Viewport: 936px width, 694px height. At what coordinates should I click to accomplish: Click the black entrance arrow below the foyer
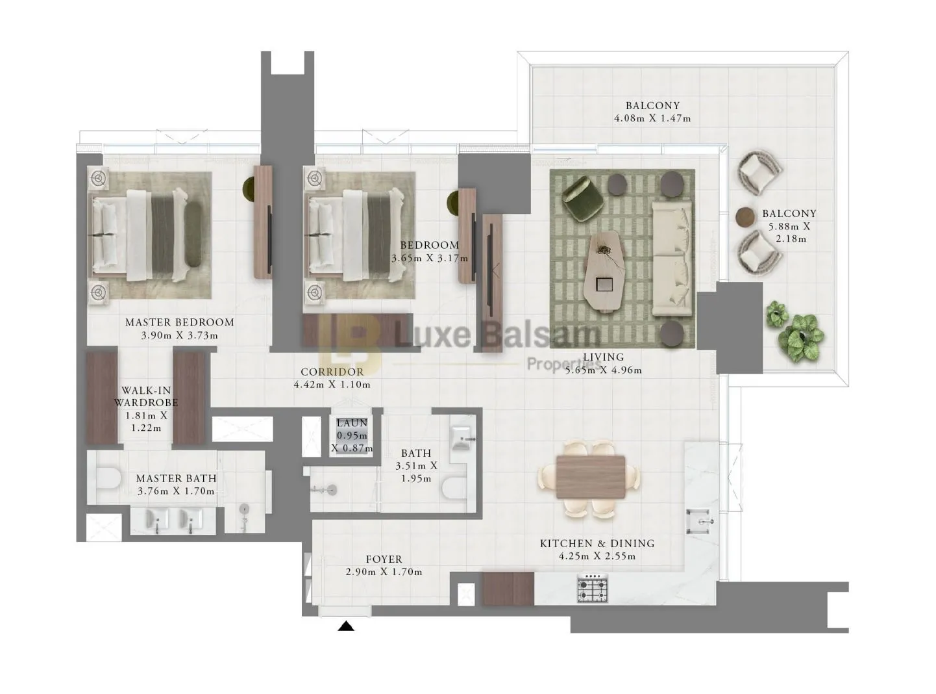click(x=345, y=626)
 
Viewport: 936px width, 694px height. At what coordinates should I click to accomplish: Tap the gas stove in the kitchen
click(x=593, y=588)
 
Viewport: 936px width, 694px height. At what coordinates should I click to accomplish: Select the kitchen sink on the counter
click(x=700, y=522)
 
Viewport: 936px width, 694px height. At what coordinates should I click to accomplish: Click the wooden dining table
click(x=591, y=477)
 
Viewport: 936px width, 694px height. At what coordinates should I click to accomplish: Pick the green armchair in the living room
click(x=581, y=198)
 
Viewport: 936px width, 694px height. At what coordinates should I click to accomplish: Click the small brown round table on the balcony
click(x=745, y=217)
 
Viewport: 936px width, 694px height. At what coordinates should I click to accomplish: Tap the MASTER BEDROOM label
click(x=180, y=322)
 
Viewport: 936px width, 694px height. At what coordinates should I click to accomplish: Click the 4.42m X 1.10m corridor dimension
click(x=332, y=385)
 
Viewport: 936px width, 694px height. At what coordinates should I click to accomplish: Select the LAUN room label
click(x=352, y=422)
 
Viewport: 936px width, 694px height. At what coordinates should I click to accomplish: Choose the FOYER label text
click(x=384, y=559)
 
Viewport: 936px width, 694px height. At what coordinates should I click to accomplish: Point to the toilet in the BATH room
click(x=454, y=489)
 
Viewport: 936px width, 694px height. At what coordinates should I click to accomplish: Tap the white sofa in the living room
click(x=672, y=259)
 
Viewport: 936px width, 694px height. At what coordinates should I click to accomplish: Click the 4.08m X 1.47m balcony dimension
click(x=652, y=118)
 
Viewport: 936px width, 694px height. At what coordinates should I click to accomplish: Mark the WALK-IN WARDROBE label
click(x=146, y=396)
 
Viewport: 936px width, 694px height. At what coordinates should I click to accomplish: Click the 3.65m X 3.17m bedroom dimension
click(x=430, y=258)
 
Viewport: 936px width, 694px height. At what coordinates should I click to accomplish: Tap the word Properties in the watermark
click(x=564, y=363)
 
